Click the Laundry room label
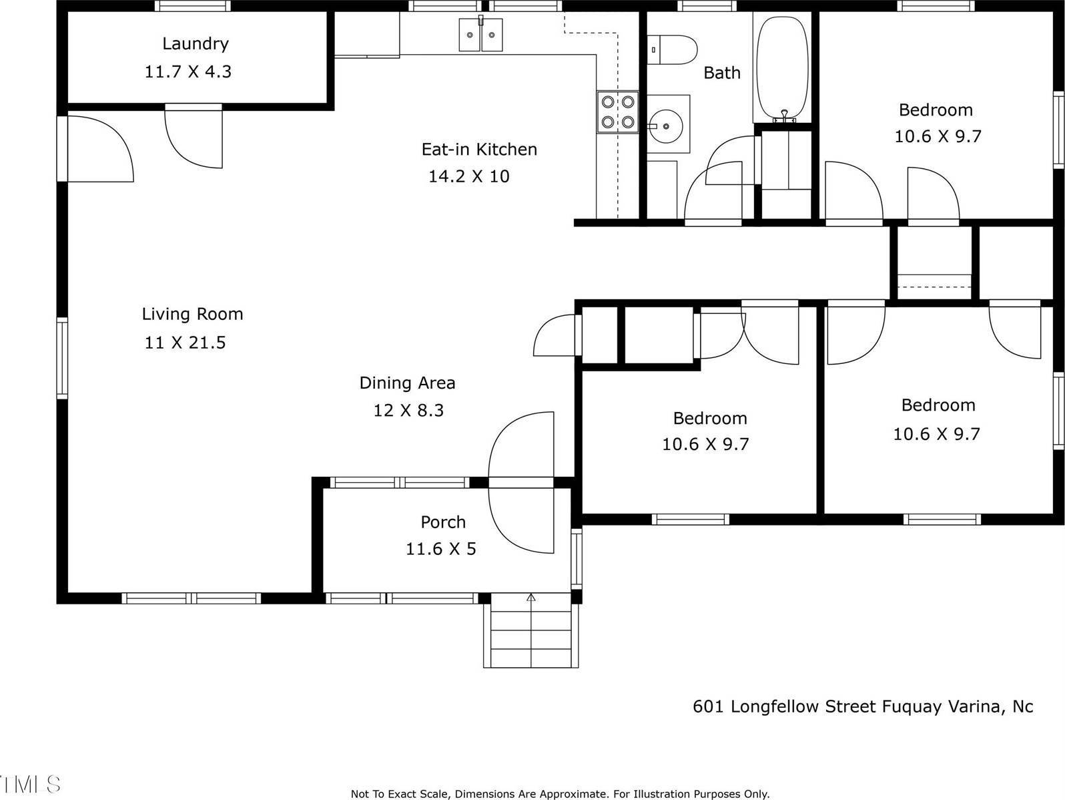195,44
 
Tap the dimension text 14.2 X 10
468,176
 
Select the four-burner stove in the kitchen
617,112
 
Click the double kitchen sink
480,35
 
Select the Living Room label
192,314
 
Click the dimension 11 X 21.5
185,343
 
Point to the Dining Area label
407,383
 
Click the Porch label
443,522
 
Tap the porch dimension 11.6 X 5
441,549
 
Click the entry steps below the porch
530,634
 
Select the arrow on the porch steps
531,598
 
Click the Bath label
722,73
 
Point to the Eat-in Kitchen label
479,149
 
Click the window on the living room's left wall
62,359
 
